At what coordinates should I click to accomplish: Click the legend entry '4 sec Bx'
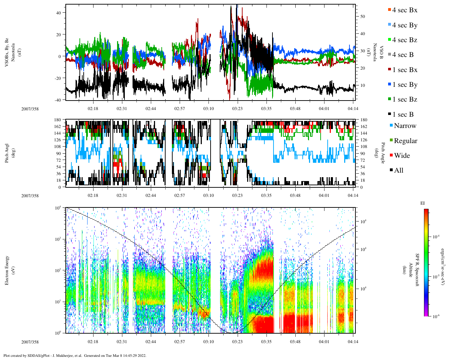pos(404,10)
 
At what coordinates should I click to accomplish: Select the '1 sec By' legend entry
pos(404,85)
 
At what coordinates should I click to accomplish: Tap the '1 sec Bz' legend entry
pos(404,99)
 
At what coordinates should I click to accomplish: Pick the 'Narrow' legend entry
pos(405,126)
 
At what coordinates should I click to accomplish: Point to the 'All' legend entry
pos(398,171)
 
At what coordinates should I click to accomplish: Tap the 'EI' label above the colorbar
pos(423,203)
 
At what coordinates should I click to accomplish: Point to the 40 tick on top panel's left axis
pos(58,13)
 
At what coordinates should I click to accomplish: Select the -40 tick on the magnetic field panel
pos(57,100)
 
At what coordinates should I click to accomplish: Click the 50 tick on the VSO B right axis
pos(362,17)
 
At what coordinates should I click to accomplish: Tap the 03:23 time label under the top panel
pos(237,109)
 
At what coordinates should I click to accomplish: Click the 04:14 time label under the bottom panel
pos(353,342)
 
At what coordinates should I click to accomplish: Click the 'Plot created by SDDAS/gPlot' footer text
pos(75,355)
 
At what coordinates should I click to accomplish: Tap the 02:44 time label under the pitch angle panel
pos(151,195)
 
